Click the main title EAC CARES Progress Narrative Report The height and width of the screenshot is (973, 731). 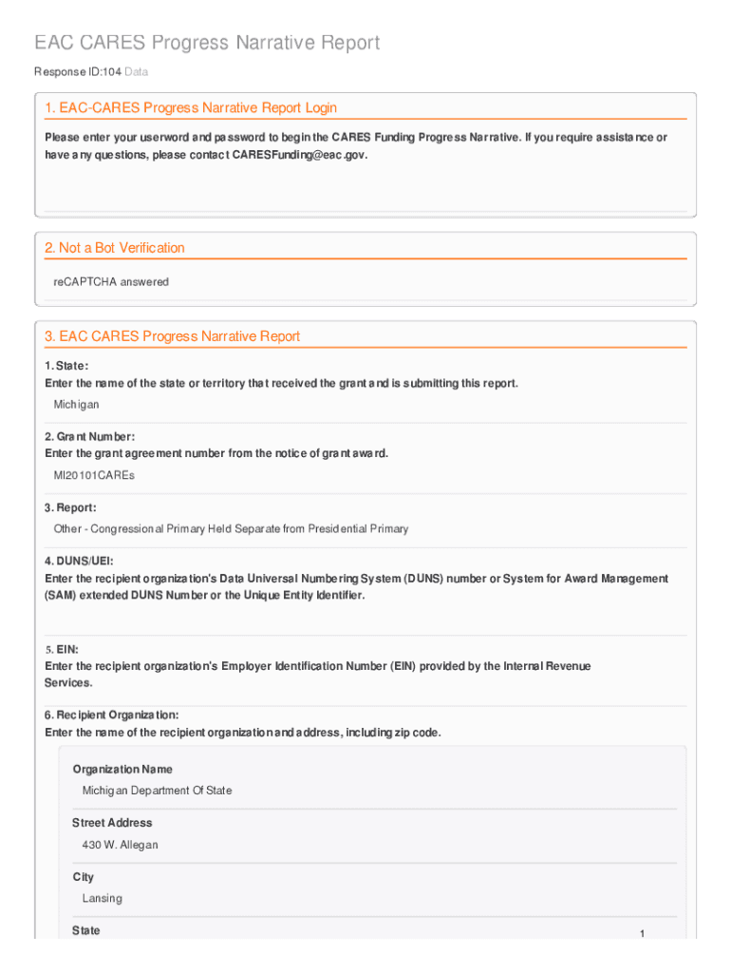[207, 43]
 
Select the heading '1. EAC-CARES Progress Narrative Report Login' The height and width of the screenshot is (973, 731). [190, 108]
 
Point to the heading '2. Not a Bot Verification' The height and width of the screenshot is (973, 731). [115, 248]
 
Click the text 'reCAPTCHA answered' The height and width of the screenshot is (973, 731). [111, 282]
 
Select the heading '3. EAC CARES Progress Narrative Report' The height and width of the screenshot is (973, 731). [172, 336]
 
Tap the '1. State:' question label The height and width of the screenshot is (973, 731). [66, 366]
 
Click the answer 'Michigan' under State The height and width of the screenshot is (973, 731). [76, 405]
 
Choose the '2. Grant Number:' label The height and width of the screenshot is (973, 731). [84, 437]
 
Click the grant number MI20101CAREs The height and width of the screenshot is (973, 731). [94, 475]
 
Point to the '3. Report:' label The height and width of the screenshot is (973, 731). [70, 508]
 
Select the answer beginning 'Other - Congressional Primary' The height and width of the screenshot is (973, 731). [231, 528]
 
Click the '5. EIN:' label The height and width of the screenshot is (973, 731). [62, 650]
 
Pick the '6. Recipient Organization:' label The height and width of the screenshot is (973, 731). [111, 715]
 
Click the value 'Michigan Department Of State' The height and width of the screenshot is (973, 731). [157, 791]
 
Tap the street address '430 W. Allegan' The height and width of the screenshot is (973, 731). [120, 845]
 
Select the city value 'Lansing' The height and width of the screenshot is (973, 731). [102, 899]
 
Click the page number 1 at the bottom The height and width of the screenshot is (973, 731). [642, 935]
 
